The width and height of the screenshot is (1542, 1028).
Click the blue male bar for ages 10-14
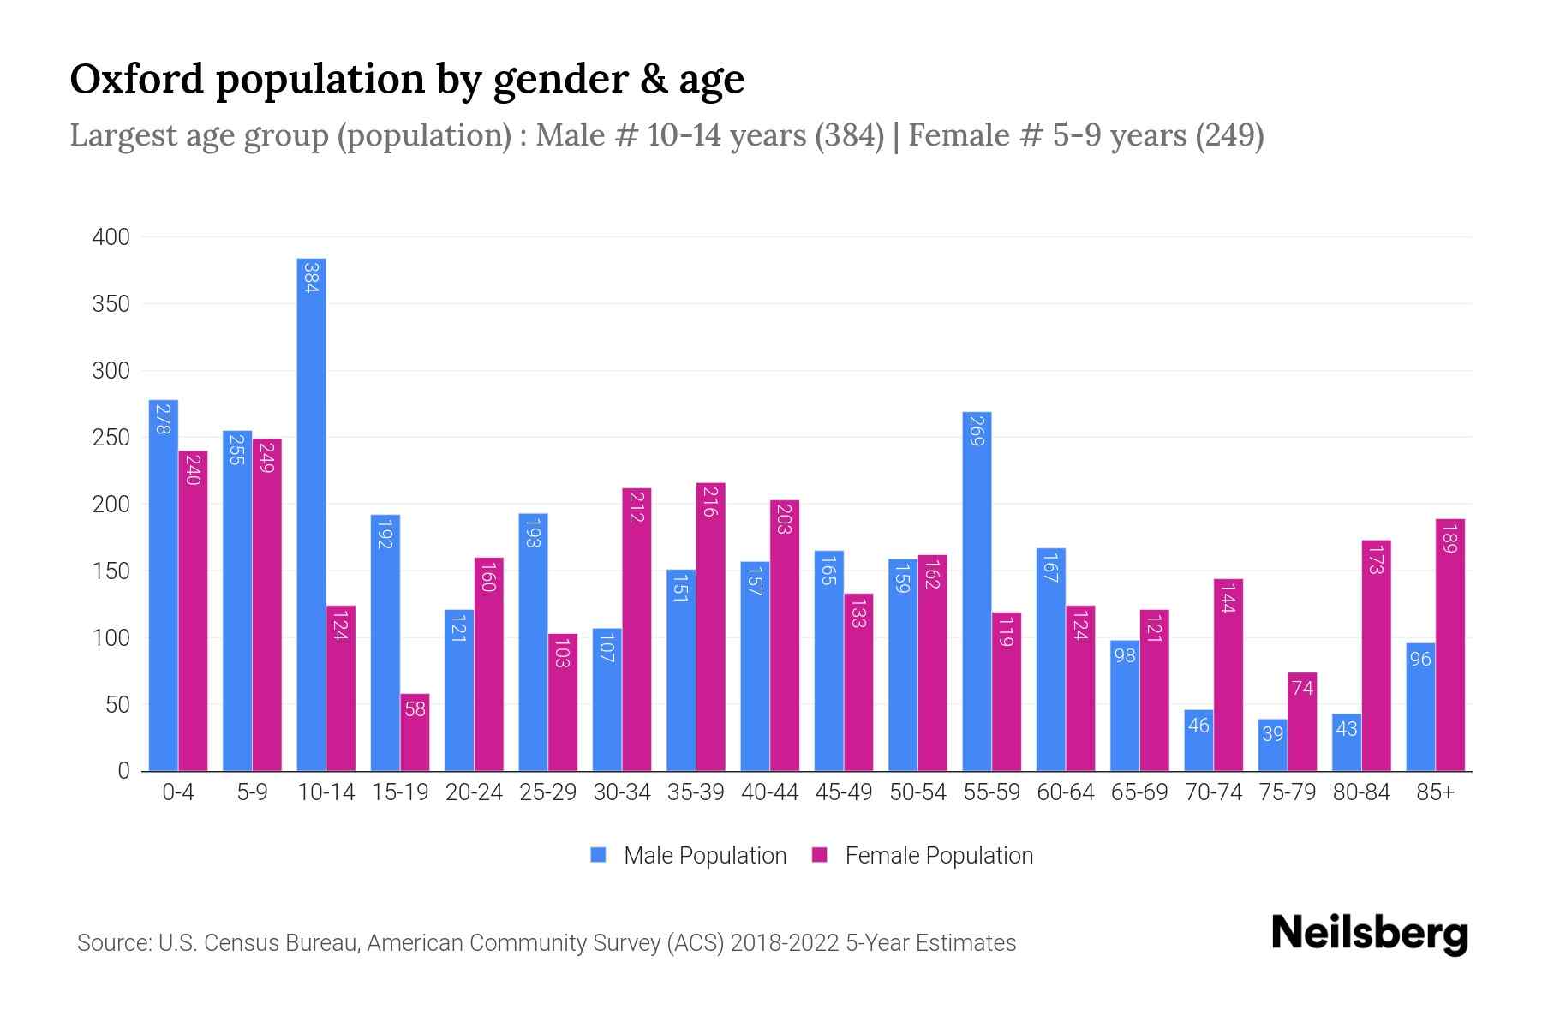(x=311, y=514)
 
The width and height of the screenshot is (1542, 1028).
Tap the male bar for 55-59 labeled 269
(x=977, y=591)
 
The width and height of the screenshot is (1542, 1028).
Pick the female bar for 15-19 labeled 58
(x=415, y=732)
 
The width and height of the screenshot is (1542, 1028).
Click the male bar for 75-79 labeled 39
(x=1272, y=745)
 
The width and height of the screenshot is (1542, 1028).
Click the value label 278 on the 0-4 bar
(x=164, y=419)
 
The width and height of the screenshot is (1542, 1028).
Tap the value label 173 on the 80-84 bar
(x=1376, y=559)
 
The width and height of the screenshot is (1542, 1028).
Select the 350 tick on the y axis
(x=111, y=304)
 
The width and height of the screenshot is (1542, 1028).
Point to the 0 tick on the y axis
(x=123, y=771)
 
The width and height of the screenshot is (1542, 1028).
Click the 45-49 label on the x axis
(x=843, y=792)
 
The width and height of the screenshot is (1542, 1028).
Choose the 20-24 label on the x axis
(x=474, y=792)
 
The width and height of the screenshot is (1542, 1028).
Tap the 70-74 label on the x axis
(x=1213, y=792)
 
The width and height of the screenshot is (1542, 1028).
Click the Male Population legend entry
(x=704, y=856)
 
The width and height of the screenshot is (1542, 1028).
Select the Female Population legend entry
(x=938, y=856)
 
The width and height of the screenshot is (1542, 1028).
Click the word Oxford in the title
(x=137, y=79)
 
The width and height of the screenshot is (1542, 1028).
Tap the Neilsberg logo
(x=1369, y=934)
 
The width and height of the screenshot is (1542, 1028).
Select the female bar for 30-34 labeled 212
(x=637, y=630)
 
